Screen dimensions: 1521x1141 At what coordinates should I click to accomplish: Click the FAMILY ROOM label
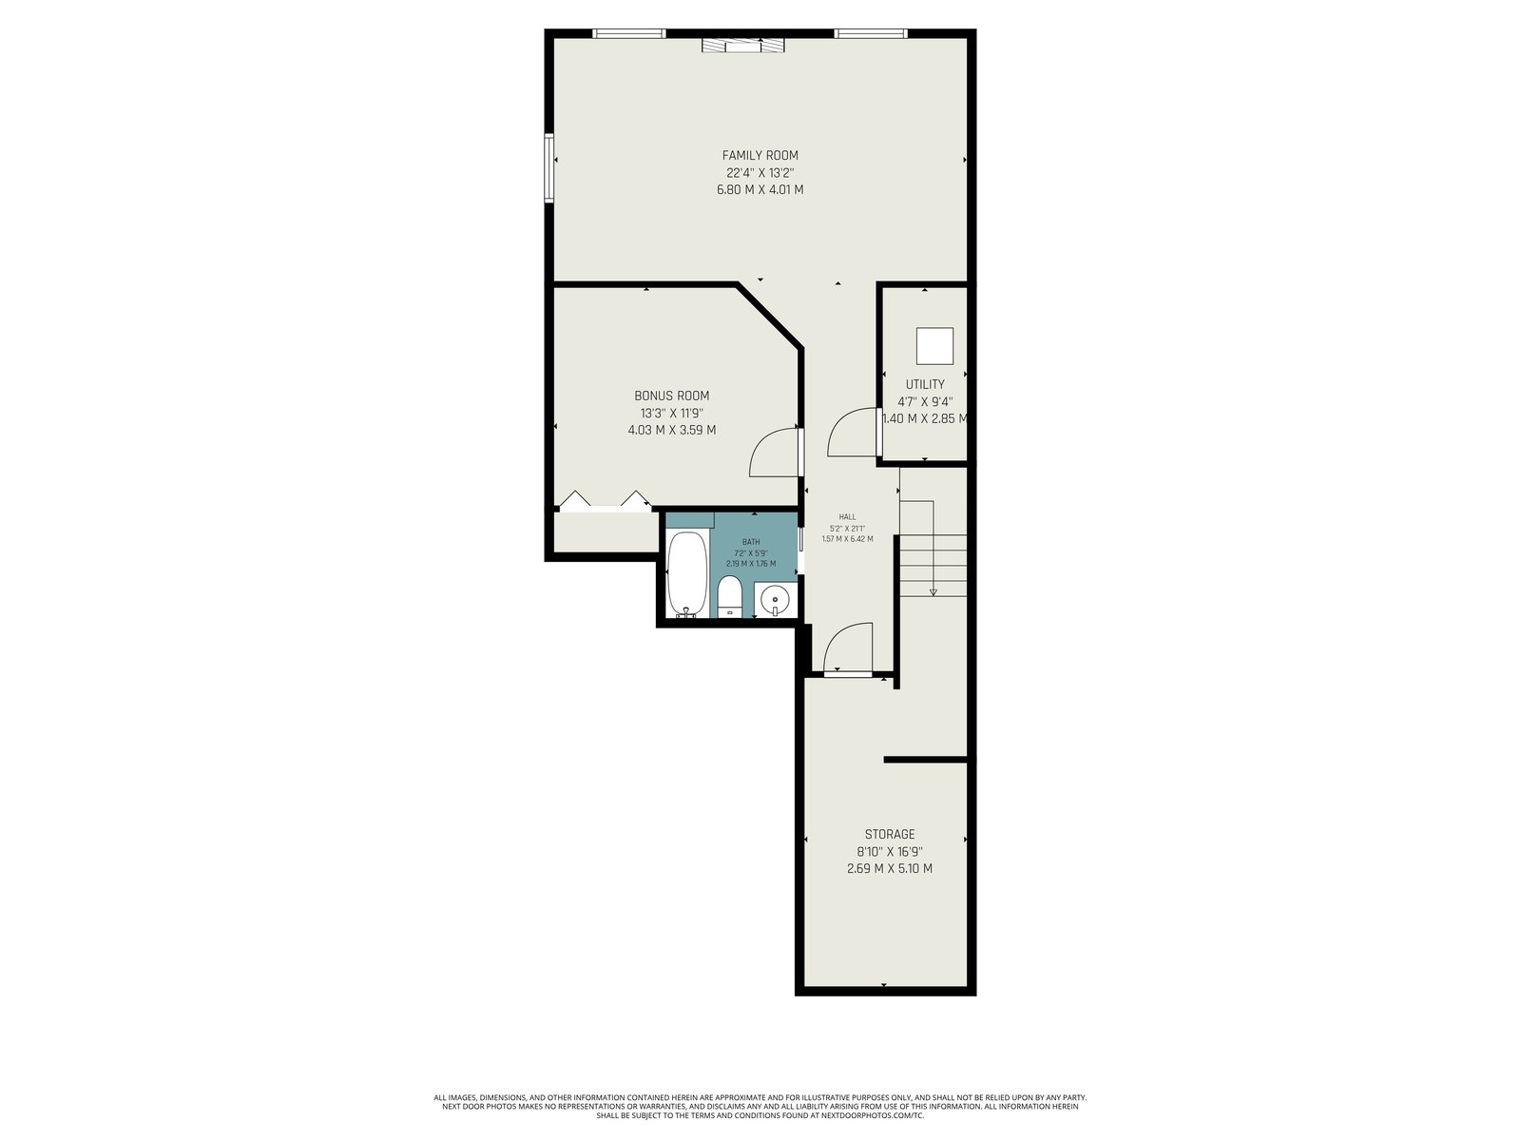tap(760, 156)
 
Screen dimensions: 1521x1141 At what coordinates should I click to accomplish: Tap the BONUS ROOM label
tap(671, 396)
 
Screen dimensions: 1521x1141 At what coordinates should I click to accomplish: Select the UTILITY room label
tap(924, 384)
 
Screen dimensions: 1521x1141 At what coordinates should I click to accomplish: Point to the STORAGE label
tap(889, 835)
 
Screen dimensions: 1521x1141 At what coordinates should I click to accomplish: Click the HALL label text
tap(847, 517)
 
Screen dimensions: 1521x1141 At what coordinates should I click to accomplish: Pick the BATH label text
tap(750, 542)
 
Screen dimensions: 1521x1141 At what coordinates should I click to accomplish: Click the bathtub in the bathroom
tap(686, 573)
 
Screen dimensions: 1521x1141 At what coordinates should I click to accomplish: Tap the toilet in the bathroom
tap(729, 596)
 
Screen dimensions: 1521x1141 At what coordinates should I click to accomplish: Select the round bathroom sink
tap(773, 599)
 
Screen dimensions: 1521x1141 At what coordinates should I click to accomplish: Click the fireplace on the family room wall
tap(742, 45)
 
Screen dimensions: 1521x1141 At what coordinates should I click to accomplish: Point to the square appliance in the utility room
tap(934, 346)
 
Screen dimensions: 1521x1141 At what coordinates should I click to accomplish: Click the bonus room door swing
tap(775, 453)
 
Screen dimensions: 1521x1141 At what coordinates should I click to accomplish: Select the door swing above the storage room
tap(847, 648)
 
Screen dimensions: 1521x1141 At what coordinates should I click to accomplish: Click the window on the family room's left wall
tap(549, 167)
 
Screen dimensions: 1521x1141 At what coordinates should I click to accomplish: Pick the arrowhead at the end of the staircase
tap(933, 592)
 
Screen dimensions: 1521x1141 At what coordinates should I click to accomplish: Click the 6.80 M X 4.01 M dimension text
tap(760, 190)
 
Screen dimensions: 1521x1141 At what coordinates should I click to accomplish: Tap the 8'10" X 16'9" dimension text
tap(890, 852)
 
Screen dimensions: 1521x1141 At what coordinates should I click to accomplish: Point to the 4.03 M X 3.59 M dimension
tap(671, 430)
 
